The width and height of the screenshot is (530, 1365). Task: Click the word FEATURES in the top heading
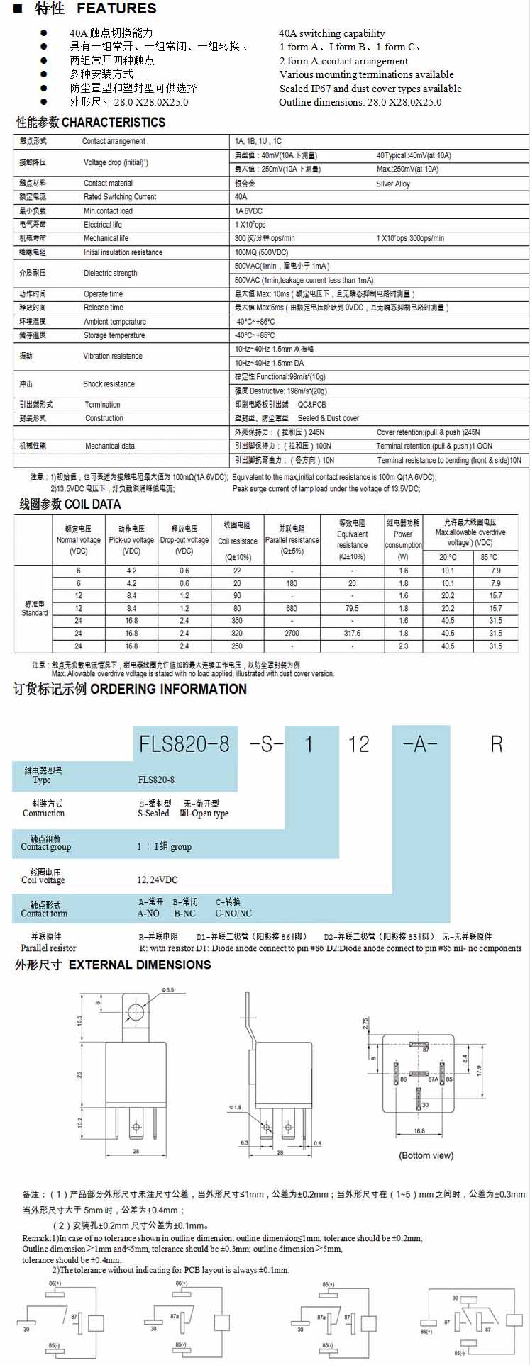coord(116,9)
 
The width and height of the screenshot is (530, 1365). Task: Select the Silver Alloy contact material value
coord(393,184)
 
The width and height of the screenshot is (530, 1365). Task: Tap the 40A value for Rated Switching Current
coord(241,197)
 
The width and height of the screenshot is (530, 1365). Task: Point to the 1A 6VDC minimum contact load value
coord(248,211)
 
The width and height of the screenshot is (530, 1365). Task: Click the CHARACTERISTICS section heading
coord(114,123)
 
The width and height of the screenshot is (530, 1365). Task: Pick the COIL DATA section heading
coord(92,505)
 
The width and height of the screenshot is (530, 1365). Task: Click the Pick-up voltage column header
coord(131,540)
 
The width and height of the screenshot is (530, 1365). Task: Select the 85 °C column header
coord(489,557)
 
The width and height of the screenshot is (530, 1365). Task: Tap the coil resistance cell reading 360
coord(237,621)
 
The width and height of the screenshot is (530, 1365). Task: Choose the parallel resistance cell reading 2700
coord(292,634)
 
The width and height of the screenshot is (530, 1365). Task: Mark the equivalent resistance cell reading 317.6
coord(352,634)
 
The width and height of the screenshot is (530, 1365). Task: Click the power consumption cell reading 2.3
coord(403,646)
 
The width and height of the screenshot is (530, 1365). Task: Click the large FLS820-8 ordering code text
coord(184,743)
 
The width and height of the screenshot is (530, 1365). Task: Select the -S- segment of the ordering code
coord(266,743)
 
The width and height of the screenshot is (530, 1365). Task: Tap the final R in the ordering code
coord(496,743)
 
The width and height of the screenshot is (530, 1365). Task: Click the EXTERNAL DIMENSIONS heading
coord(140,965)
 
